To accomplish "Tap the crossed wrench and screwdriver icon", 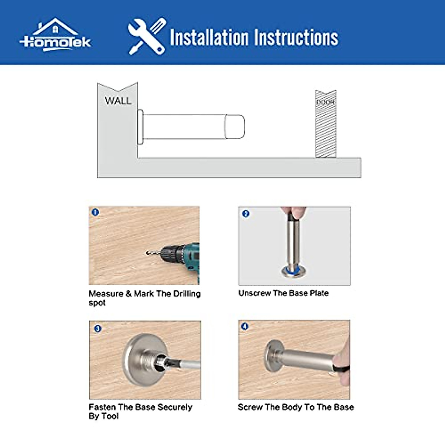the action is click(147, 36).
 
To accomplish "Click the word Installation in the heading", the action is click(209, 37).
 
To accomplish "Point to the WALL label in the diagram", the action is click(118, 101).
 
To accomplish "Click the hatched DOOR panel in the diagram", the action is click(326, 124).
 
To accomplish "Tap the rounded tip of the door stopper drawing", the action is click(235, 126).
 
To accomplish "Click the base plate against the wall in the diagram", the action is click(141, 127).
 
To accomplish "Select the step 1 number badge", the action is click(95, 212).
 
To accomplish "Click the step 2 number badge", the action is click(246, 214).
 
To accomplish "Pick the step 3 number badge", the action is click(98, 329).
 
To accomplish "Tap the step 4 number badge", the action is click(245, 326).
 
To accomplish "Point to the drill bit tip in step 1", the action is click(147, 253).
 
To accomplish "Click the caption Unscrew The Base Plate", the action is click(283, 293).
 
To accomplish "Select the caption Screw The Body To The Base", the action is click(296, 407).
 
